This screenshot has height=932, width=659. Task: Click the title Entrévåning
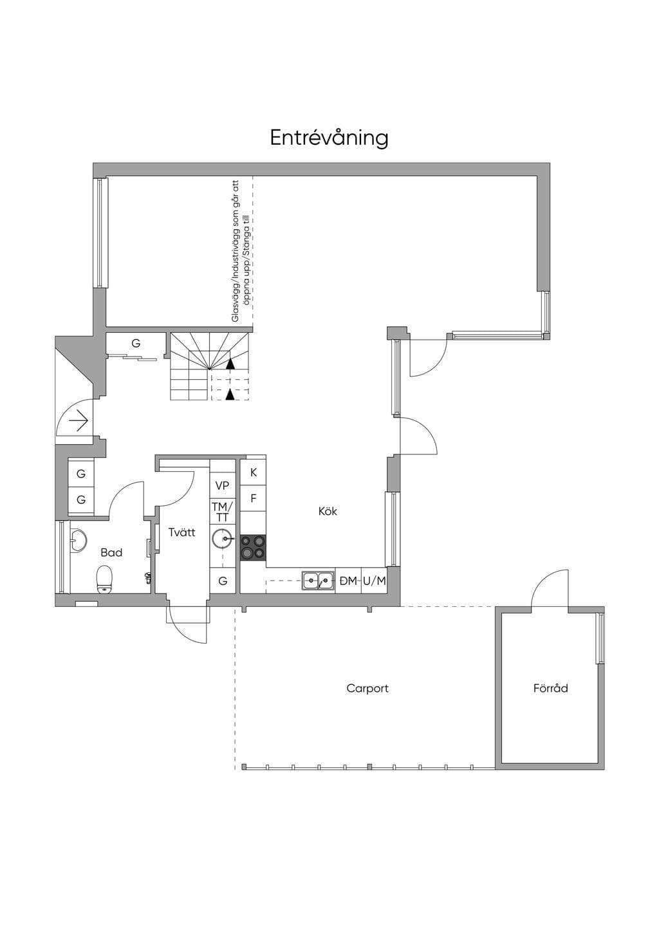329,138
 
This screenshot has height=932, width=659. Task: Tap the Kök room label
328,511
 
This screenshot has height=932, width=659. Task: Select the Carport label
367,689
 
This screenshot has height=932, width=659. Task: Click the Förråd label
550,688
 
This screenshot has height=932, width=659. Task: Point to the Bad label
111,552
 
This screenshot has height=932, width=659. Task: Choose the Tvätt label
182,532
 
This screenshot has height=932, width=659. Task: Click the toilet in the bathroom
104,579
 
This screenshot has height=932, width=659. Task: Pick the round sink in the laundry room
223,539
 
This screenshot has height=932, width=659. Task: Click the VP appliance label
222,485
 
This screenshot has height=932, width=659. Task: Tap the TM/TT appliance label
223,512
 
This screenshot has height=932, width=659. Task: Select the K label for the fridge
254,472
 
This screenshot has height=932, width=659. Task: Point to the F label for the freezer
254,498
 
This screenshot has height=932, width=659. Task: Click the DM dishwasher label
348,581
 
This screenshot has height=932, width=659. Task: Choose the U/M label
375,581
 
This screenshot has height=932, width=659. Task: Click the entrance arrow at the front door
79,423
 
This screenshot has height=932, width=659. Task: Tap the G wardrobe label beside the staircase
136,343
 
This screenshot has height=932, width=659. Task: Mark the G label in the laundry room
223,581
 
